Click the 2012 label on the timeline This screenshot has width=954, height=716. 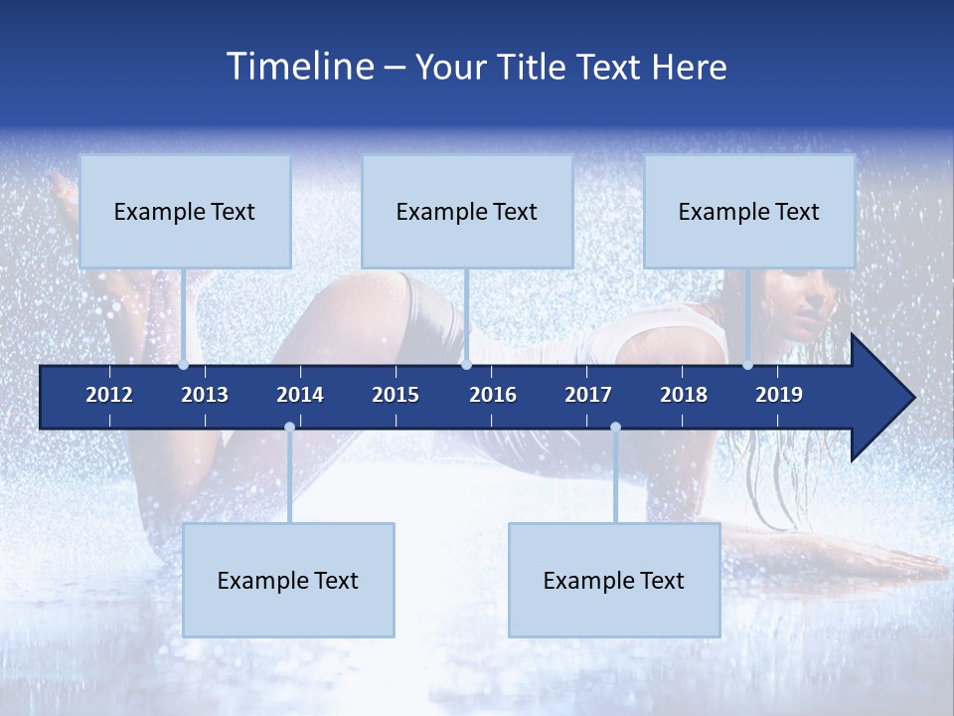(109, 395)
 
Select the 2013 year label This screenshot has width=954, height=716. (205, 395)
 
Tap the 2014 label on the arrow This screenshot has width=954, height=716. (300, 395)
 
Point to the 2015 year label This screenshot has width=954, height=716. (396, 395)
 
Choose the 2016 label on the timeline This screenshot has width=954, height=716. (493, 395)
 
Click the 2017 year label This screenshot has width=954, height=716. (588, 395)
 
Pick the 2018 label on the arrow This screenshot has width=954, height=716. (684, 395)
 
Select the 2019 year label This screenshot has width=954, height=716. (779, 395)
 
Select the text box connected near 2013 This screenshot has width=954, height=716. (185, 211)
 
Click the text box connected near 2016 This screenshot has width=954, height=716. (467, 211)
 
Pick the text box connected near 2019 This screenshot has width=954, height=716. (749, 211)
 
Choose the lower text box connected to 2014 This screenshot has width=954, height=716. (288, 580)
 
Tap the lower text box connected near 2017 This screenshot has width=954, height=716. (614, 580)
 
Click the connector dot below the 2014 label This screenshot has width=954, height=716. (289, 428)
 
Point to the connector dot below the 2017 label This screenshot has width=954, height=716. (615, 428)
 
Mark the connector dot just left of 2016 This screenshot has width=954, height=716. (466, 365)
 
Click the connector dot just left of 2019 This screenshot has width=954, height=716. (748, 365)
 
